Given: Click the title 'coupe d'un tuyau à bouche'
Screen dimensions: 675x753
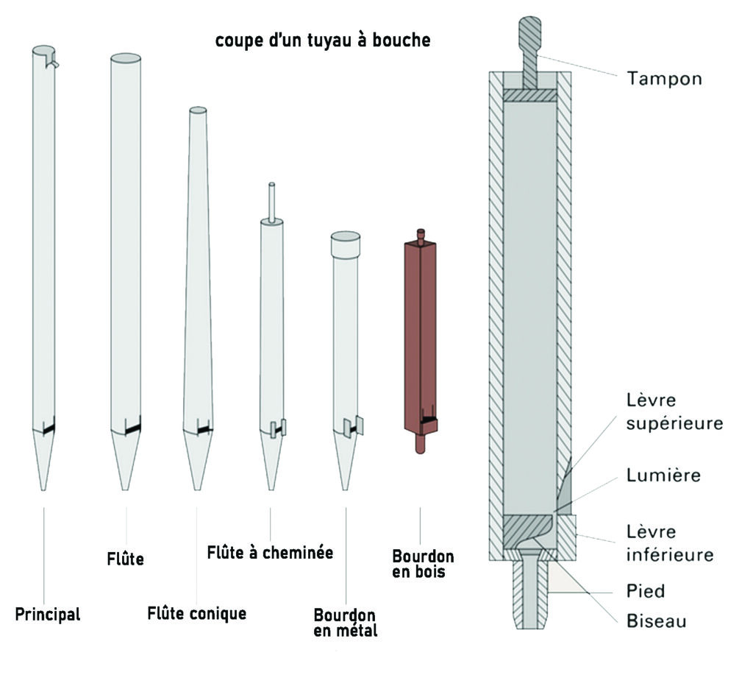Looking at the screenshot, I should click(323, 41).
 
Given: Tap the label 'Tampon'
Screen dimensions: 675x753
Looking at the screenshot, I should click(664, 78).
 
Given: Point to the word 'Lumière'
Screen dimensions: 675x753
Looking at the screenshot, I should click(663, 476).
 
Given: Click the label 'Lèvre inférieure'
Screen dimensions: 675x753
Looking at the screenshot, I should click(669, 543).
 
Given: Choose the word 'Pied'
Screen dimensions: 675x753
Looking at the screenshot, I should click(646, 590).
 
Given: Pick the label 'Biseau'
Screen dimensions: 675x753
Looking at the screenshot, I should click(657, 621).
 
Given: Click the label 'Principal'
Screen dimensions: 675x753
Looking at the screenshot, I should click(48, 614).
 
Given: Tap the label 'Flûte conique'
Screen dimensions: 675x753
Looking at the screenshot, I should click(197, 612).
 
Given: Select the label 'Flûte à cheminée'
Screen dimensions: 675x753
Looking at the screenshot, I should click(270, 552).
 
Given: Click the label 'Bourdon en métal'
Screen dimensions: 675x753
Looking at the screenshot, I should click(345, 622).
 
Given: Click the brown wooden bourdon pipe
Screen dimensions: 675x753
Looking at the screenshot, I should click(421, 331).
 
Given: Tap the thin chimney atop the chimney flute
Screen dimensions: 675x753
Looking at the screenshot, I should click(271, 201).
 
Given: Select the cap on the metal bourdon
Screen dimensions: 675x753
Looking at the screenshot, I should click(345, 244).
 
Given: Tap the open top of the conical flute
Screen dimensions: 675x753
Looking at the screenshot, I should click(198, 110).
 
